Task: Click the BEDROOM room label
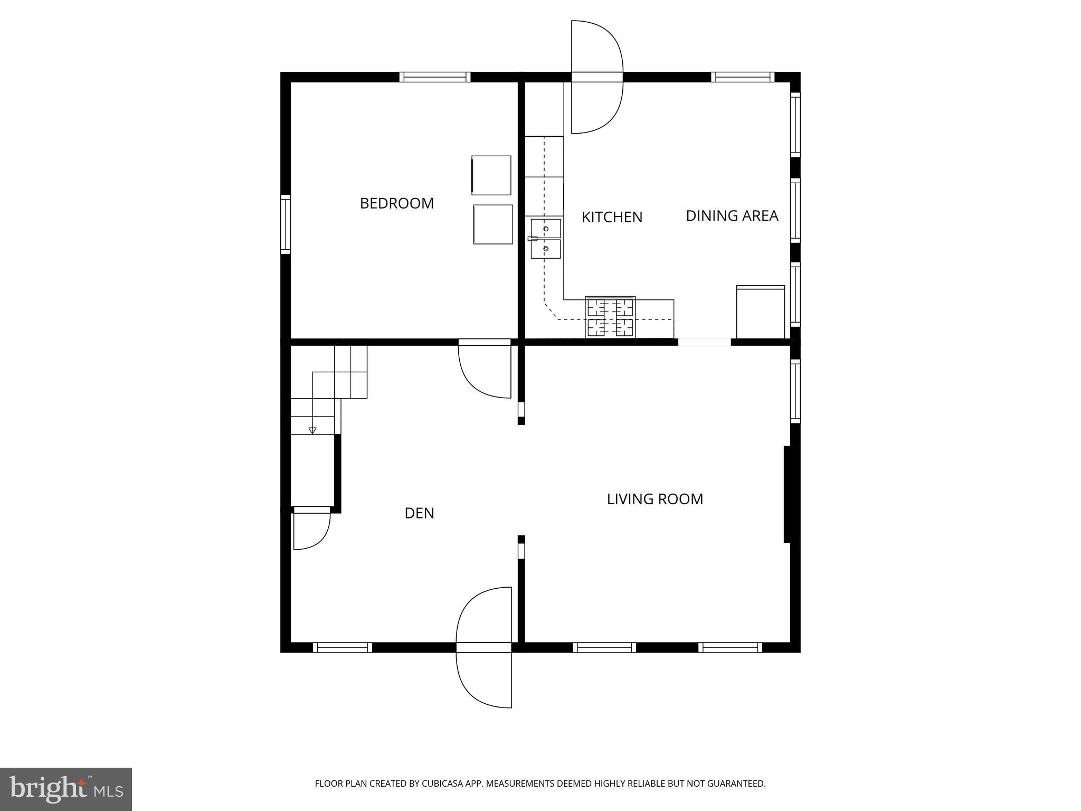(396, 203)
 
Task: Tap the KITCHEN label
(612, 217)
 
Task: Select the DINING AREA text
(732, 215)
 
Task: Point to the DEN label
(419, 513)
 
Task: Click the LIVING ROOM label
(655, 499)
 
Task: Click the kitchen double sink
(546, 239)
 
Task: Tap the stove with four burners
(610, 317)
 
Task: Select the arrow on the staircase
(312, 430)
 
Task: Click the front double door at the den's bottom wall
(484, 647)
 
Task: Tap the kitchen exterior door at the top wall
(597, 77)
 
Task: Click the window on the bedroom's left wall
(286, 224)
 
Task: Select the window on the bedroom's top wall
(434, 77)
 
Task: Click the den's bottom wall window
(342, 647)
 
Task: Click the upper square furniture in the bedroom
(491, 175)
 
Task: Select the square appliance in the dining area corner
(760, 312)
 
